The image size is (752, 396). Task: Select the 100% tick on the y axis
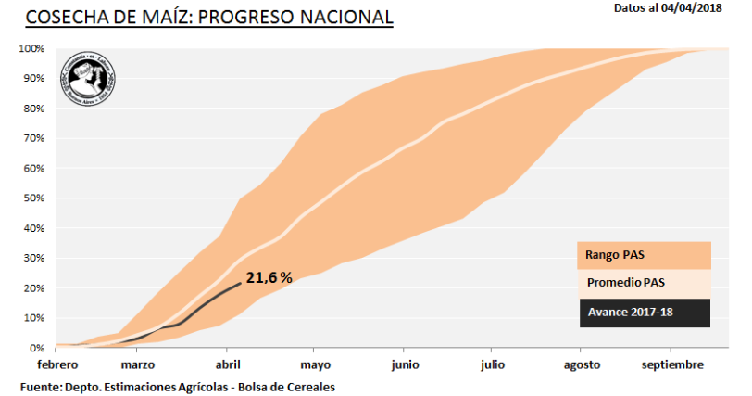pos(31,48)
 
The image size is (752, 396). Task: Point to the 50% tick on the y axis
pos(34,198)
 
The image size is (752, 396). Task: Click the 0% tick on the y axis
pos(37,348)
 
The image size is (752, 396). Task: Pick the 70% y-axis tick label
pos(34,138)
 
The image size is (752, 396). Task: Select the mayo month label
pos(315,364)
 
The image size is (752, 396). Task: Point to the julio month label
pos(493,364)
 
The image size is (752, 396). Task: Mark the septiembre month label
pos(673,364)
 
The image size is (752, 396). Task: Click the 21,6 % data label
pos(269,276)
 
